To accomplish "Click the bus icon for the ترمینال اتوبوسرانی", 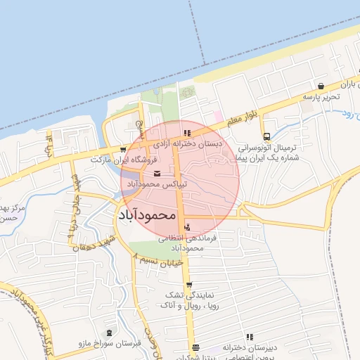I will pos(266,137).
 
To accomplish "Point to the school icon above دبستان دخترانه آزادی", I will pos(186,132).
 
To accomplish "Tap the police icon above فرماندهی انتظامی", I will pos(186,228).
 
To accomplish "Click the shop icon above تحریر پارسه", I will pos(321,85).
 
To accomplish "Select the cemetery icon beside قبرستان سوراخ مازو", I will pos(108,333).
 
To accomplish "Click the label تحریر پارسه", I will pos(322,96).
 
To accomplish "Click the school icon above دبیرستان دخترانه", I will pos(250,337).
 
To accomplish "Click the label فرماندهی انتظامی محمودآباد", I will pos(186,243).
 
